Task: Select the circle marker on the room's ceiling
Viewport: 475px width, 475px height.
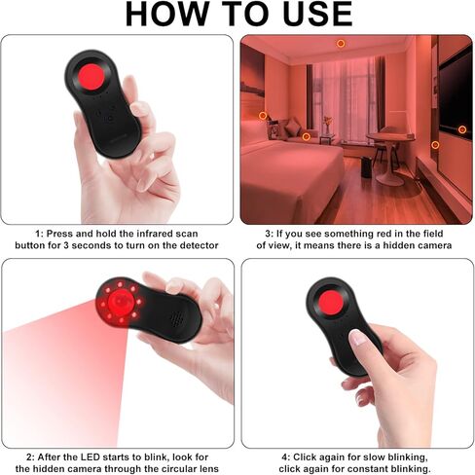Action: [341, 44]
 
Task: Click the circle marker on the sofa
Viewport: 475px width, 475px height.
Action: [306, 136]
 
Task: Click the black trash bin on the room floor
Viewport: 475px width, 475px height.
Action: [365, 167]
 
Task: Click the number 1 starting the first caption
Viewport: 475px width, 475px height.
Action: [38, 234]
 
